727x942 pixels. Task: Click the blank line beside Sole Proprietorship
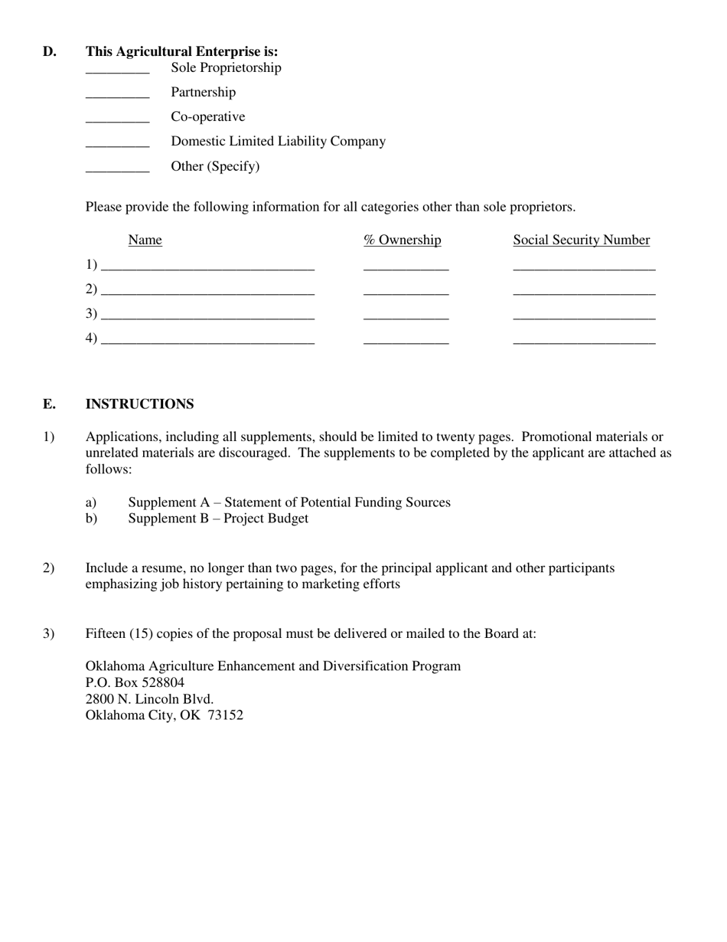[117, 71]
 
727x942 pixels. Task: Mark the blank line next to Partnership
[117, 96]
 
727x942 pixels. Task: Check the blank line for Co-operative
[117, 120]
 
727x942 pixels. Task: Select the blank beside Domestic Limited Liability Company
[117, 145]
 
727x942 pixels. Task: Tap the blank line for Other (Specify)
[117, 170]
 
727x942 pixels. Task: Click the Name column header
[145, 240]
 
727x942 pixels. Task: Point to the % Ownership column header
[403, 240]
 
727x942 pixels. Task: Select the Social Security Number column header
[582, 240]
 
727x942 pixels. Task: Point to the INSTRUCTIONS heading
[139, 404]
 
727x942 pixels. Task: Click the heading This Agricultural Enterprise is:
[181, 52]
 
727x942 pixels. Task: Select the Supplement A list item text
[289, 502]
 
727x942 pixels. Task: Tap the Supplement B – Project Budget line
[218, 518]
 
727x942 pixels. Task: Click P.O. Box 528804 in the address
[135, 682]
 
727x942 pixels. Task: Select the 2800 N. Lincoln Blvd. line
[149, 699]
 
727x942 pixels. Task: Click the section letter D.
[49, 52]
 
